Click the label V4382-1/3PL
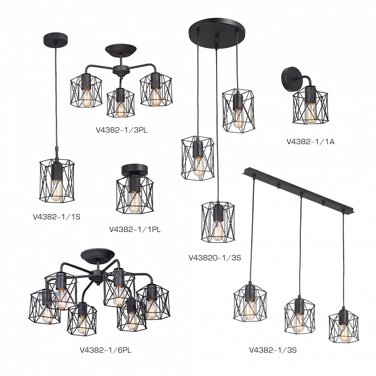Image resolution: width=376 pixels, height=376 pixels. pos(122,130)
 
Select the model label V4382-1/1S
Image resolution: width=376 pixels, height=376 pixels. pos(56,217)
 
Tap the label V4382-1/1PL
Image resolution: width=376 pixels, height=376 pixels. pos(135,229)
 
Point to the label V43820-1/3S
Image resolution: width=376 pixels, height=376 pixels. pos(215,258)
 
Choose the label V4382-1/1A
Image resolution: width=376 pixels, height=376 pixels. pos(310,142)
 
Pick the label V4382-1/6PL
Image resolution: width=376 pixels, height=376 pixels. pos(105,350)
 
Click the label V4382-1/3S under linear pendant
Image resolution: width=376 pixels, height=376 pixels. pos(273,350)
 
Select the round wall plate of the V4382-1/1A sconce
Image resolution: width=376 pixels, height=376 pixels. pos(290,77)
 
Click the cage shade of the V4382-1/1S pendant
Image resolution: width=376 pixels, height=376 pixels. pos(57,181)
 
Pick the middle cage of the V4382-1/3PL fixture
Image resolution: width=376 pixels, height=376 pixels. pos(121,103)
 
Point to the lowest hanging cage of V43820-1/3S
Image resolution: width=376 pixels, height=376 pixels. pos(218,221)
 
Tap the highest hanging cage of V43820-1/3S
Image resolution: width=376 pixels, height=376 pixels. pos(238,111)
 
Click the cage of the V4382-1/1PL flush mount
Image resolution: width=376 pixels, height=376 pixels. pos(135,195)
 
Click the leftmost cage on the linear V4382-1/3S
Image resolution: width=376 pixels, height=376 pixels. pos(250,303)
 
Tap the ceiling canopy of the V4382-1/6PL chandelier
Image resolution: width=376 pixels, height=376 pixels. pos(98,255)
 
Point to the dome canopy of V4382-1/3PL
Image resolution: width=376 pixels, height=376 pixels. pos(121,50)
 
